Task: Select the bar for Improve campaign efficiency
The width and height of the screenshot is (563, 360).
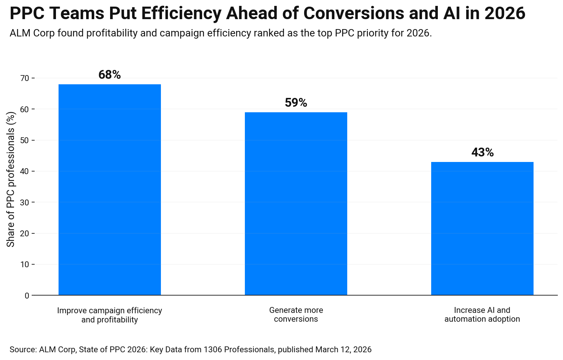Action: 110,190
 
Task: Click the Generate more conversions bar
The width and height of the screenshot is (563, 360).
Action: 296,204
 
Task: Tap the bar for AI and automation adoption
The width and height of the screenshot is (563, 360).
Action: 482,228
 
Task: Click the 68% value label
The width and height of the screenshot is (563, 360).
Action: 110,75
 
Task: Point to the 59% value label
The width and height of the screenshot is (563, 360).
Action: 296,103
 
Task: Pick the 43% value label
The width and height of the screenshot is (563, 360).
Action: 482,152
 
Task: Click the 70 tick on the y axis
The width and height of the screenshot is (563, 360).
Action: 25,78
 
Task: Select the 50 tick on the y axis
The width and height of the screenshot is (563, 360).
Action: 25,141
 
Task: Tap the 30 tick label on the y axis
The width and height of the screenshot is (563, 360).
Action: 25,202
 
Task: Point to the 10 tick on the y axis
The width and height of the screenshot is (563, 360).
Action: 25,265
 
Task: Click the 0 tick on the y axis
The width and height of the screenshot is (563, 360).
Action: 27,296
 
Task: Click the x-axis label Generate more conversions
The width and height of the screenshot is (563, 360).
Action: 296,315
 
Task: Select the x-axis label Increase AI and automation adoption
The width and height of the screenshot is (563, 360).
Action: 482,315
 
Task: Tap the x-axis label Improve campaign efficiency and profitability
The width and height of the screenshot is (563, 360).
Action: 110,315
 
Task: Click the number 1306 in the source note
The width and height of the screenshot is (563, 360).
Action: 213,349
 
